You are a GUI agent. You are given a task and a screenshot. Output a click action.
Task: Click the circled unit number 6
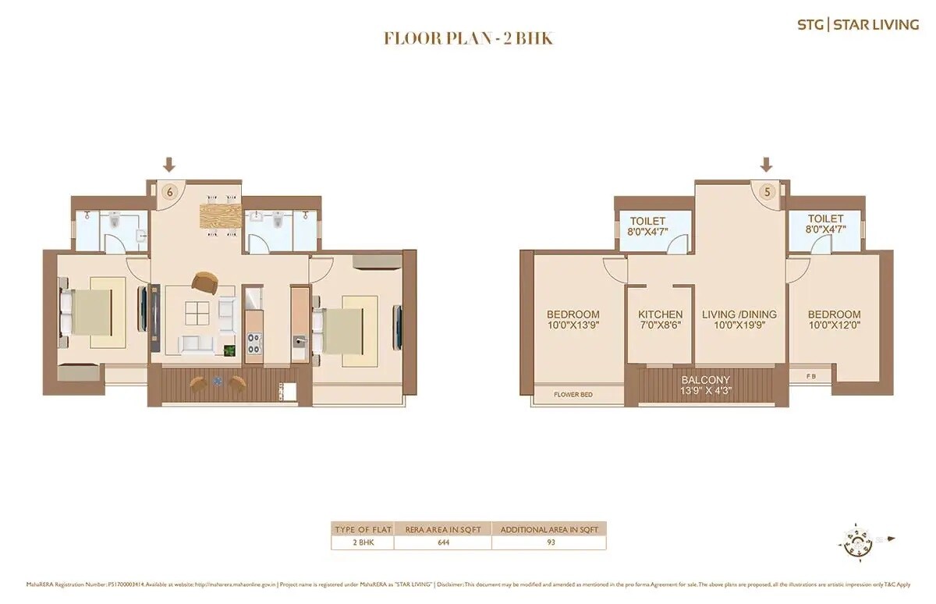click(x=168, y=190)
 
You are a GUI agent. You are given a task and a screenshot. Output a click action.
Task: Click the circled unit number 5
click(x=767, y=190)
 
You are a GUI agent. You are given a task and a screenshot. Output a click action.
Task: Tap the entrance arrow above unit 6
click(x=168, y=165)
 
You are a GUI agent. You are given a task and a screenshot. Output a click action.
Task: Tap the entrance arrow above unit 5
click(x=767, y=165)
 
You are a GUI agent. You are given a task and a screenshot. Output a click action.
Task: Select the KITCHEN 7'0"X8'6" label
click(x=660, y=319)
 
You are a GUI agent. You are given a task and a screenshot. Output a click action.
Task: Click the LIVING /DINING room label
click(x=739, y=319)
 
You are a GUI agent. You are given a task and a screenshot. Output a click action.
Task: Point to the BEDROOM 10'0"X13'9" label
click(x=573, y=319)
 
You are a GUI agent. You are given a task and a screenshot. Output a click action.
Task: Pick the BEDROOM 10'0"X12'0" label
click(x=835, y=319)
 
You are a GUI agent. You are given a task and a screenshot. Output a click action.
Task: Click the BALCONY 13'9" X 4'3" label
click(x=705, y=385)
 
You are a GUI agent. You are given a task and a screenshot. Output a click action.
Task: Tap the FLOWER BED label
click(x=573, y=395)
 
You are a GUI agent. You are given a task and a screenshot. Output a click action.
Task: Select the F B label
click(x=813, y=376)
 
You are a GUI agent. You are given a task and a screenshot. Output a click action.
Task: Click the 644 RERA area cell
click(x=442, y=543)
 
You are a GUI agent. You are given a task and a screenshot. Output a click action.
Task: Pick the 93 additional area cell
click(x=550, y=543)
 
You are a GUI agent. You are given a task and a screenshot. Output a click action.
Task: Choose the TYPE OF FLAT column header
click(x=362, y=529)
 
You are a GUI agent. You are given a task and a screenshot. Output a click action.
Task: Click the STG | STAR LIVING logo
click(x=857, y=24)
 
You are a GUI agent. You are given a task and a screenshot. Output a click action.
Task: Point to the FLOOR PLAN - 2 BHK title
click(x=468, y=38)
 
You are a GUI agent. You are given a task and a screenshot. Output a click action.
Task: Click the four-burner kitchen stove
click(x=253, y=343)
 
